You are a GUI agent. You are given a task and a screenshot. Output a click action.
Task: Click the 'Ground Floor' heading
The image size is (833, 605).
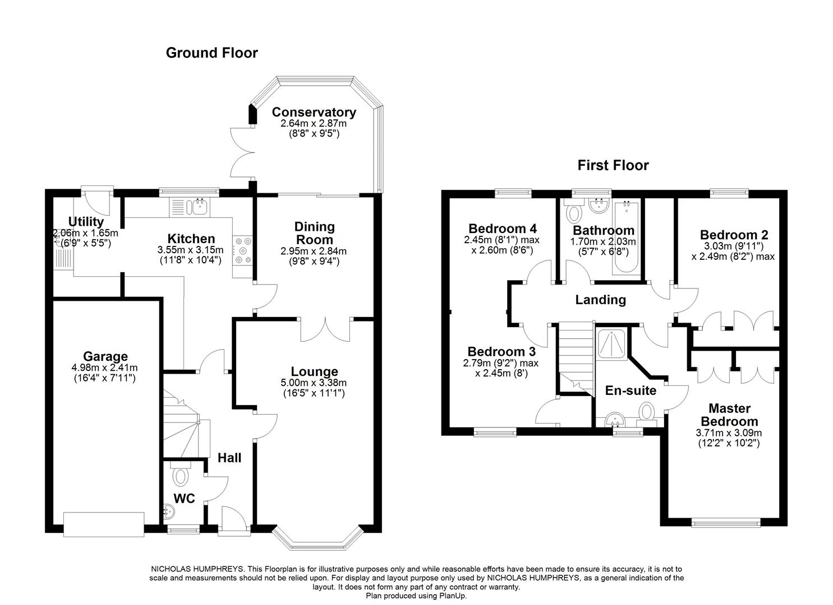coord(211,53)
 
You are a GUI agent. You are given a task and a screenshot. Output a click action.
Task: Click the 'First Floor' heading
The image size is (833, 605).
coord(613,165)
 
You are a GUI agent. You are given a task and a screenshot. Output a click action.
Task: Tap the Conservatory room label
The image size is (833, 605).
coord(314,112)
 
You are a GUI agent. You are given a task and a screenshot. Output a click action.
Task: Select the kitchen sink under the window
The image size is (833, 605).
coord(199,207)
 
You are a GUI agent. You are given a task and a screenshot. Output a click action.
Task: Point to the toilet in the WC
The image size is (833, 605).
coord(181,476)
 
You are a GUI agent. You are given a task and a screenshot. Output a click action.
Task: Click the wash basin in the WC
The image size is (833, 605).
coord(169,510)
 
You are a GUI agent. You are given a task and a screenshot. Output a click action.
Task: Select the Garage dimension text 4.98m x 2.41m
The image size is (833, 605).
coord(105,368)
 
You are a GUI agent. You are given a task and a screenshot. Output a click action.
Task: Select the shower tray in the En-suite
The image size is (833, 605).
coord(611,343)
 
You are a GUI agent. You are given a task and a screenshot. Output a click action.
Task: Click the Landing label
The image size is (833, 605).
coord(600,300)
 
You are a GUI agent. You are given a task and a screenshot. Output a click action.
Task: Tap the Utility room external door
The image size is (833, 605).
coord(96,197)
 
